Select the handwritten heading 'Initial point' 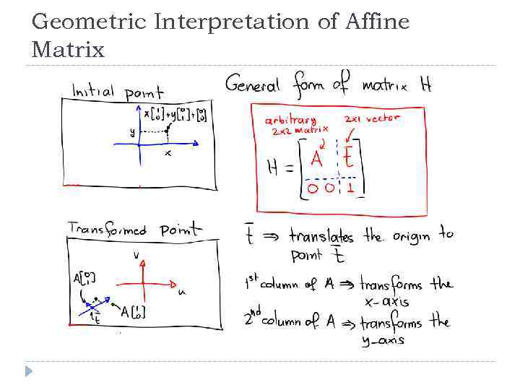(117, 92)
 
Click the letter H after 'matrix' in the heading (425, 85)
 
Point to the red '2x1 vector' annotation (371, 118)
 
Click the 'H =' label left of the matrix (279, 168)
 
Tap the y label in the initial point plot (131, 131)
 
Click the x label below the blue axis (168, 153)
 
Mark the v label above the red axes (136, 255)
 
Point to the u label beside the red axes (181, 292)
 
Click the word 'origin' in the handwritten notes (412, 236)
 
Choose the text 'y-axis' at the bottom (383, 340)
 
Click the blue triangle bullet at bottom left (28, 371)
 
